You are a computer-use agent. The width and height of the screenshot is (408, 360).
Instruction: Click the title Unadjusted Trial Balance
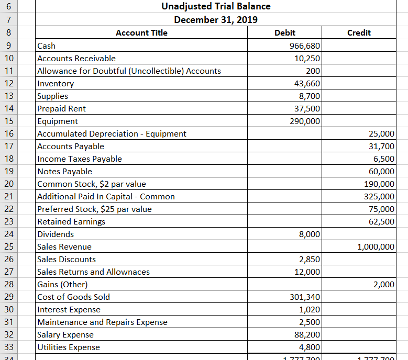tap(216, 7)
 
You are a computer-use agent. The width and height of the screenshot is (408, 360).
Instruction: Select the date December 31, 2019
tap(216, 20)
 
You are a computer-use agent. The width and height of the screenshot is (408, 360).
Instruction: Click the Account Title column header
tap(141, 33)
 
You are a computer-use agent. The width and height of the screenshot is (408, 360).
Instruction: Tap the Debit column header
tap(285, 33)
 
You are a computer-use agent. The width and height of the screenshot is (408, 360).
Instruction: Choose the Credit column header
tap(359, 33)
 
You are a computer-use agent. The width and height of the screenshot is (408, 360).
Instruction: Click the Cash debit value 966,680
tap(305, 46)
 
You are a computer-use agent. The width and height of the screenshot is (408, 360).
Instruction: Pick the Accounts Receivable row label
tap(76, 59)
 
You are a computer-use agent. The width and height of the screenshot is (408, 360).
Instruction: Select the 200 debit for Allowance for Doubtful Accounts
tap(313, 71)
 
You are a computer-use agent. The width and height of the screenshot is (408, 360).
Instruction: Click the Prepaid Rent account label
tap(62, 109)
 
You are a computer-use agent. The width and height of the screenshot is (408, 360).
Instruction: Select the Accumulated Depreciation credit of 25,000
tap(381, 134)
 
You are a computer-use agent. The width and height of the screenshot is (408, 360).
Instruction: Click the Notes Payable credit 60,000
tap(381, 172)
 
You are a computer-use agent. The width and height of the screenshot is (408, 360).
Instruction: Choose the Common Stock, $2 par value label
tap(92, 184)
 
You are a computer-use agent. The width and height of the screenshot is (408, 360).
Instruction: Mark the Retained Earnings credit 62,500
tap(381, 222)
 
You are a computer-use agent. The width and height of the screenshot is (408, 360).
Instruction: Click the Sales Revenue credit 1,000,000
tap(376, 247)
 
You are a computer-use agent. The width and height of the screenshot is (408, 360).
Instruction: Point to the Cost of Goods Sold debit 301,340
tap(305, 297)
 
